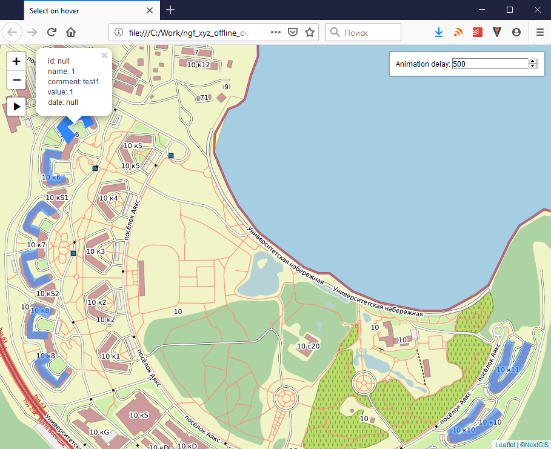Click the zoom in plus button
(16, 61)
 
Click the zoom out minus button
(16, 79)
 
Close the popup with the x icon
(104, 55)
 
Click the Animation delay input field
(490, 64)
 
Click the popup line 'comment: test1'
(73, 81)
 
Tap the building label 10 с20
(308, 346)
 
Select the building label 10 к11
(508, 369)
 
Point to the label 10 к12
(198, 65)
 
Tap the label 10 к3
(95, 251)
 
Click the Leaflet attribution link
(505, 445)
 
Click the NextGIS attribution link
(533, 445)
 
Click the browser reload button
(52, 32)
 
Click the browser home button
(71, 32)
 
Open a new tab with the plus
(171, 10)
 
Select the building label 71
(204, 98)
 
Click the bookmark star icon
(310, 32)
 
